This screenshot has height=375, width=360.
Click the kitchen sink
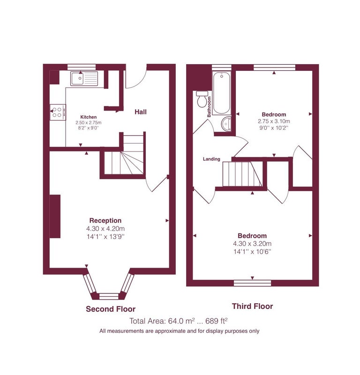84,78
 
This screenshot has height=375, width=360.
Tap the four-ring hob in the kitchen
58,112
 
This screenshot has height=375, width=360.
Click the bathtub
222,93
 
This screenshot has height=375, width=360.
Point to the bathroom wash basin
226,124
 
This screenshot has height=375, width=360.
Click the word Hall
141,112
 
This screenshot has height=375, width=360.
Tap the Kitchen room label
89,117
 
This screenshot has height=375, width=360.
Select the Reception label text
105,220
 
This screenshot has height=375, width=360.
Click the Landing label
211,159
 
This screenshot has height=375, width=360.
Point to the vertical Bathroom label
209,107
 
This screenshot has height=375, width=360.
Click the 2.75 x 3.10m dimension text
274,121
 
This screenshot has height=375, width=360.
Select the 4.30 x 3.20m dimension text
252,243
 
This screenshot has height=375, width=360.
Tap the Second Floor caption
111,309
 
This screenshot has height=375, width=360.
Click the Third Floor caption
252,306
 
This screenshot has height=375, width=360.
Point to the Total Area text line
178,321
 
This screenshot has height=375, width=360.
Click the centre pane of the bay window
109,296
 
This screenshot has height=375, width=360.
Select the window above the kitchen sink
82,67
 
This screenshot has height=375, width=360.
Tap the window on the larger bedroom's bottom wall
252,283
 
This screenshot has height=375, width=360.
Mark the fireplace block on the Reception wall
55,216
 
